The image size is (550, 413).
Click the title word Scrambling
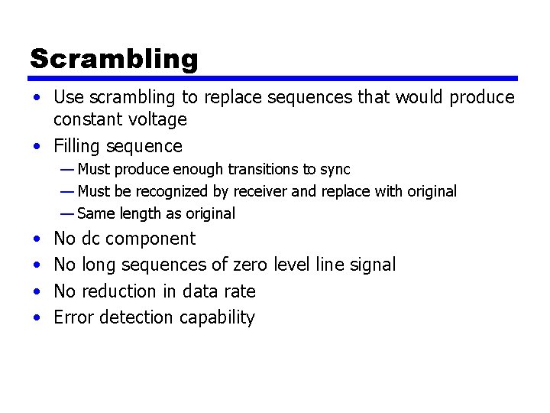(114, 59)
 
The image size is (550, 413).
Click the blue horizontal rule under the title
(273, 78)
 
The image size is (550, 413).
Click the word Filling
(78, 146)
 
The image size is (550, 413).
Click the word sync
(335, 169)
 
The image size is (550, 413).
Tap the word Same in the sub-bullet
(95, 213)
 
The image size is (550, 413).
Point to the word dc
(90, 239)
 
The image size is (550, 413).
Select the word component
(150, 239)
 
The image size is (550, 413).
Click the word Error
(73, 317)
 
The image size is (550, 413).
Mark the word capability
(216, 318)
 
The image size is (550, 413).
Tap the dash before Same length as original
(67, 213)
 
